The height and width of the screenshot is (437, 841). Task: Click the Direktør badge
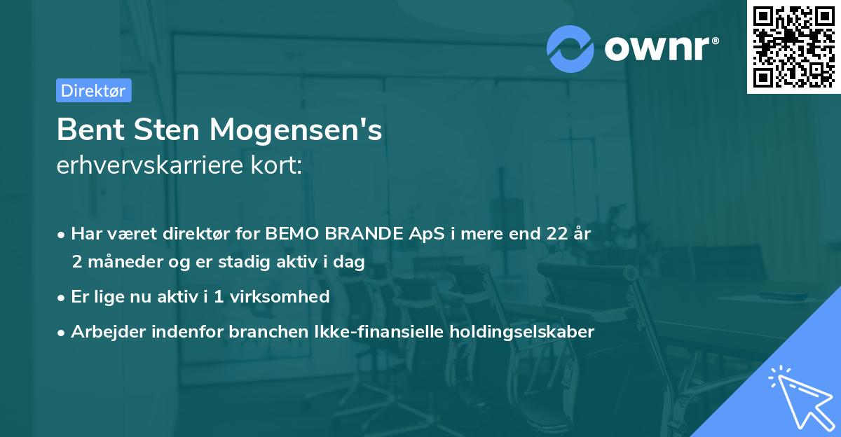[93, 90]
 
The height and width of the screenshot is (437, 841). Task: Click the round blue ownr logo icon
[570, 48]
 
